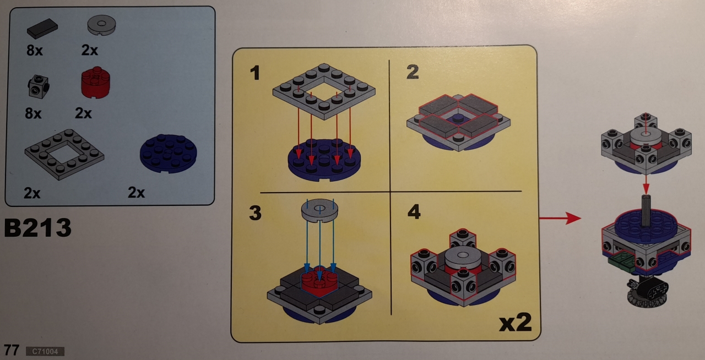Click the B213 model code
coord(38,227)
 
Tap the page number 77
coord(12,350)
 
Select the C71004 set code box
coord(45,351)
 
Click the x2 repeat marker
coord(515,323)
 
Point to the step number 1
coord(255,73)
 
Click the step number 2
coord(413,72)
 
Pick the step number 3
coord(255,212)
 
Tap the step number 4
coord(414,211)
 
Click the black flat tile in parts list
coord(42,28)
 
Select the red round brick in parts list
coord(95,83)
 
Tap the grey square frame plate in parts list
coord(64,154)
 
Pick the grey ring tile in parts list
coord(101,25)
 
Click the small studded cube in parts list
coord(39,86)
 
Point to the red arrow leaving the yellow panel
coord(560,218)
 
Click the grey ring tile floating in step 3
coord(319,210)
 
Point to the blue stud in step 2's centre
coord(458,119)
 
